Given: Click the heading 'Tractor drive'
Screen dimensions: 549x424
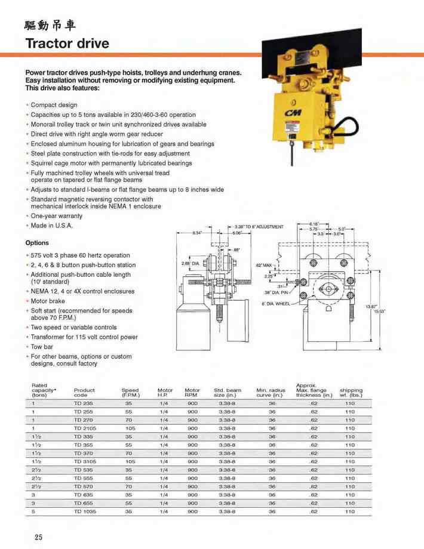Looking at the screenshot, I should tap(67, 44).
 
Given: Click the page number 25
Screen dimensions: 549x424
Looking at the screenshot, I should tap(38, 537).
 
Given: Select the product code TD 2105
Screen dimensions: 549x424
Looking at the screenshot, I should tap(85, 428).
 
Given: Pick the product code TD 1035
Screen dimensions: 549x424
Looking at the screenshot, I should tap(85, 511).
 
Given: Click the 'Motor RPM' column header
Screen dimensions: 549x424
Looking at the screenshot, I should tap(192, 393).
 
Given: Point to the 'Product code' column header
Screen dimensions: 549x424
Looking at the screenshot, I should tap(84, 393).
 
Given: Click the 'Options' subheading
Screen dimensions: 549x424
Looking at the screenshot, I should tap(37, 243).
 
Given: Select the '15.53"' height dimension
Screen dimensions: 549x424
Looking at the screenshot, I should tap(380, 311).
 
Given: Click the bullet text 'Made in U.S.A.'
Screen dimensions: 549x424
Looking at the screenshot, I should tap(52, 226).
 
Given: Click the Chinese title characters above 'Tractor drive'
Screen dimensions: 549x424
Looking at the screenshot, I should tap(50, 25).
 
